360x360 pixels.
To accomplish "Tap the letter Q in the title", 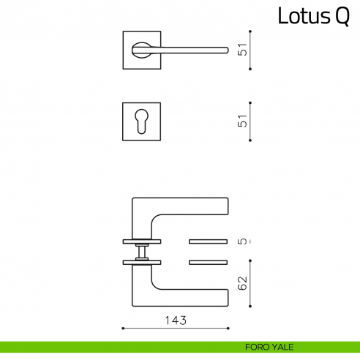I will point(342,17).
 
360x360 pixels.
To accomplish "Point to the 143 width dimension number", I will point(176,320).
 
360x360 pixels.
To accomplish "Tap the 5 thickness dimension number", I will point(244,241).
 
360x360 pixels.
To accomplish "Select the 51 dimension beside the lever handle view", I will point(244,50).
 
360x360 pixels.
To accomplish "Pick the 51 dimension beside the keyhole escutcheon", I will point(244,121).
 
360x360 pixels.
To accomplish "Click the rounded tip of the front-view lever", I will point(224,50).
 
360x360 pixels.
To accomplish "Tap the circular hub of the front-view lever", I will point(140,50).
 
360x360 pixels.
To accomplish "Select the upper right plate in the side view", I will point(209,241).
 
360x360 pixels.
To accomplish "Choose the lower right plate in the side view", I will point(209,261).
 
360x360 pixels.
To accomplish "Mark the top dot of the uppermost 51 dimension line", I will point(251,31).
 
